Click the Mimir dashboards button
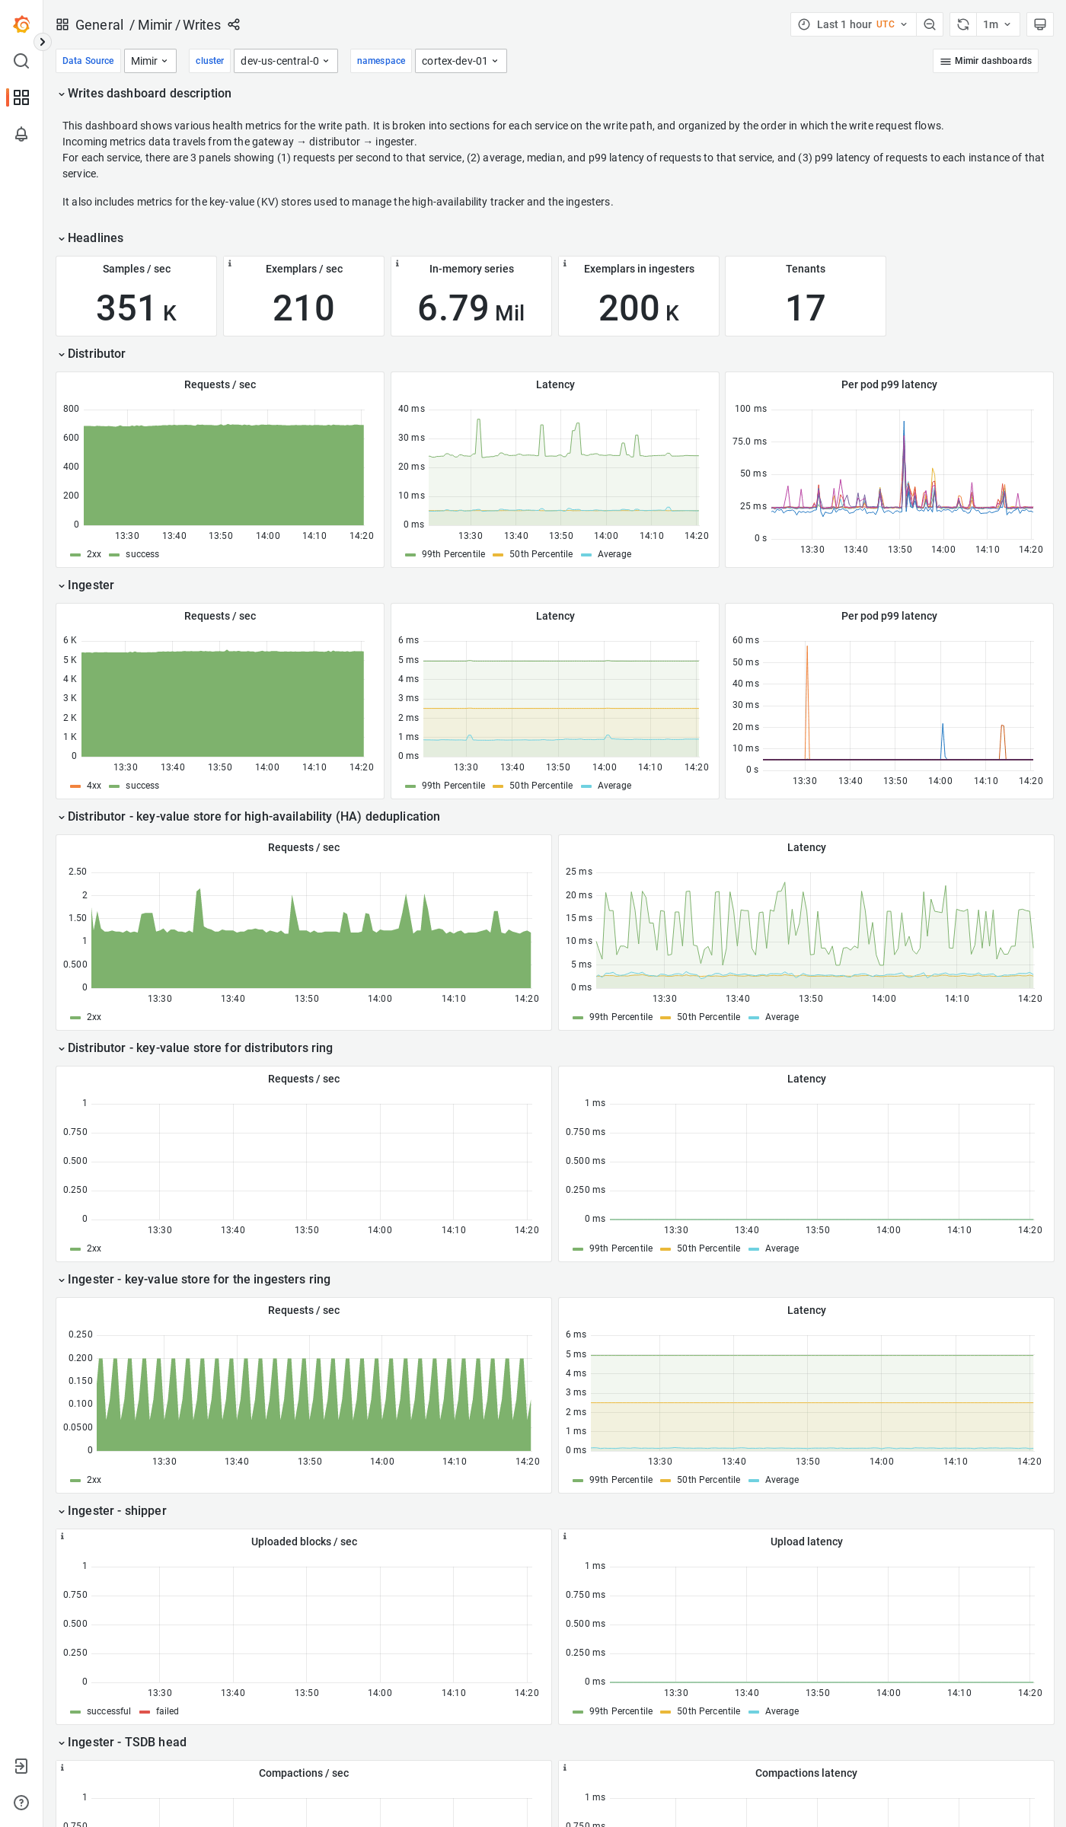click(985, 61)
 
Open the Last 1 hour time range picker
click(853, 24)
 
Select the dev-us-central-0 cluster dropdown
click(286, 61)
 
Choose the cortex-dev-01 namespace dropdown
click(460, 61)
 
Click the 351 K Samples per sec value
click(136, 308)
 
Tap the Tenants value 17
click(806, 308)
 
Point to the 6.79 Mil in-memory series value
click(471, 308)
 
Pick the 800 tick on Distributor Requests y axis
click(71, 409)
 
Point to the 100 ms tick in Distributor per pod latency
click(750, 409)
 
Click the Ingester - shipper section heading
click(116, 1510)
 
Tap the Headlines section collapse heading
click(95, 238)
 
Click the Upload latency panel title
click(806, 1542)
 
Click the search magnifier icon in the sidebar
click(21, 61)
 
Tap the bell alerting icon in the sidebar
click(21, 134)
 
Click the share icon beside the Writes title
click(234, 24)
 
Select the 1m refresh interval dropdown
click(996, 24)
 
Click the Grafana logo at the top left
click(21, 24)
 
